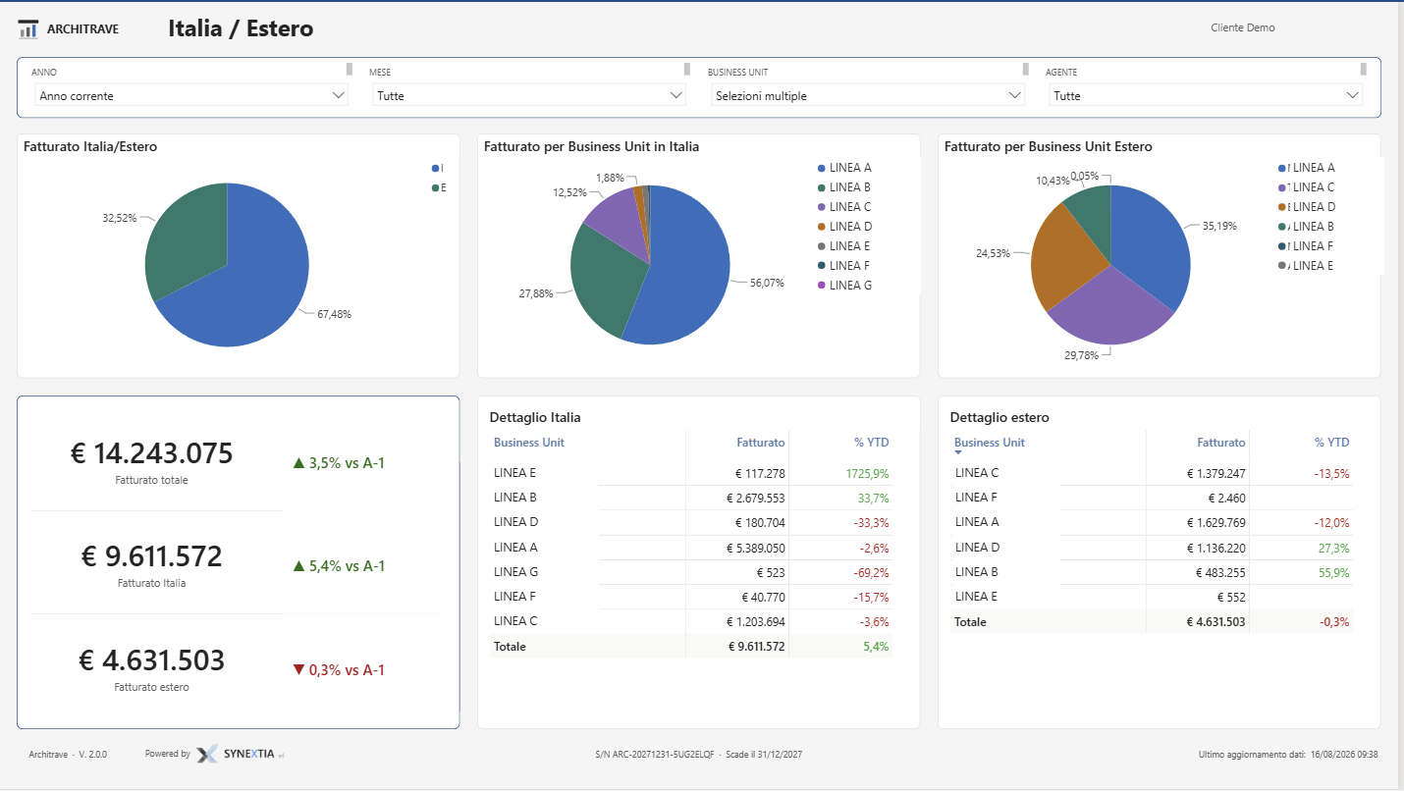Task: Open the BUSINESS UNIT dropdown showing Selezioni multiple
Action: coord(868,96)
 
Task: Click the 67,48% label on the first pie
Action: coord(334,314)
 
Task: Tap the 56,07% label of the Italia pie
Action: coord(767,283)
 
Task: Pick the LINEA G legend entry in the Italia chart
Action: coord(845,286)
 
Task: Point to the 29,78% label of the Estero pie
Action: coord(1081,355)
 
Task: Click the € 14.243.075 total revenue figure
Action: coord(151,452)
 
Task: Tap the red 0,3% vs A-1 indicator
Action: coord(339,670)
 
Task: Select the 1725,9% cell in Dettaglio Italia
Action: coord(867,474)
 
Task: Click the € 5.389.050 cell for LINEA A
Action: coord(755,549)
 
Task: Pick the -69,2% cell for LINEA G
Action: coord(871,573)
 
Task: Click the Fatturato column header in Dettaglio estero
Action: coord(1221,443)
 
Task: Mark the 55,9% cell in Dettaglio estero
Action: coord(1333,573)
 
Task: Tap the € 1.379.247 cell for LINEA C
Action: coord(1215,474)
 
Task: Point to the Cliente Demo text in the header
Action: coord(1243,27)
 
